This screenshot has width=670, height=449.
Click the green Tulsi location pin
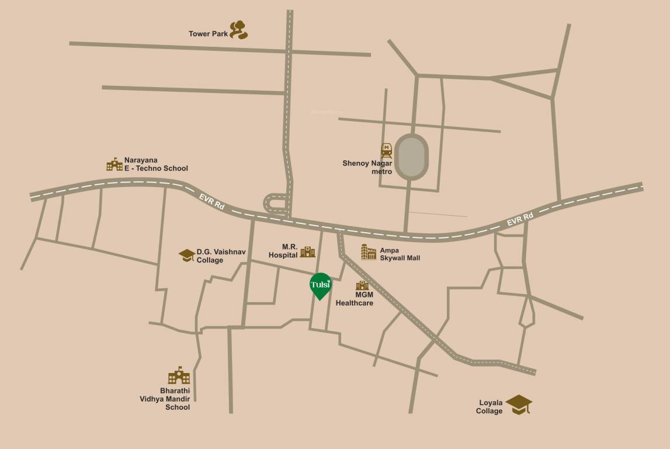click(x=320, y=285)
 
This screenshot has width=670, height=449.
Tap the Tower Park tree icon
click(x=238, y=30)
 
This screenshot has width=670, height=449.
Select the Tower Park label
click(x=208, y=34)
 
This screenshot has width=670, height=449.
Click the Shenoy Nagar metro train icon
click(x=386, y=151)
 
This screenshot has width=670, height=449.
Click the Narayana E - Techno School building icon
click(x=114, y=164)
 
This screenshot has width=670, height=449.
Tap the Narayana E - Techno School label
click(x=156, y=164)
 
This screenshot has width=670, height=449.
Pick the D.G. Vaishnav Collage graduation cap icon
click(x=187, y=255)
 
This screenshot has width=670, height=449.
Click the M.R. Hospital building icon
click(x=307, y=252)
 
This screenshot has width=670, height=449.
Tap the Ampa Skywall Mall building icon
click(x=369, y=252)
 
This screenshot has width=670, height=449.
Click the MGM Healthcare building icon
click(x=362, y=285)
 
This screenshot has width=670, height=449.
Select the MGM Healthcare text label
click(x=355, y=299)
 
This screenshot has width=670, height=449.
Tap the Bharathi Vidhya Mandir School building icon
click(x=179, y=375)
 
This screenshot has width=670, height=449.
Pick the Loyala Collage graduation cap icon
click(x=519, y=404)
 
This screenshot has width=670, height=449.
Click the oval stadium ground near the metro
click(x=412, y=157)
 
